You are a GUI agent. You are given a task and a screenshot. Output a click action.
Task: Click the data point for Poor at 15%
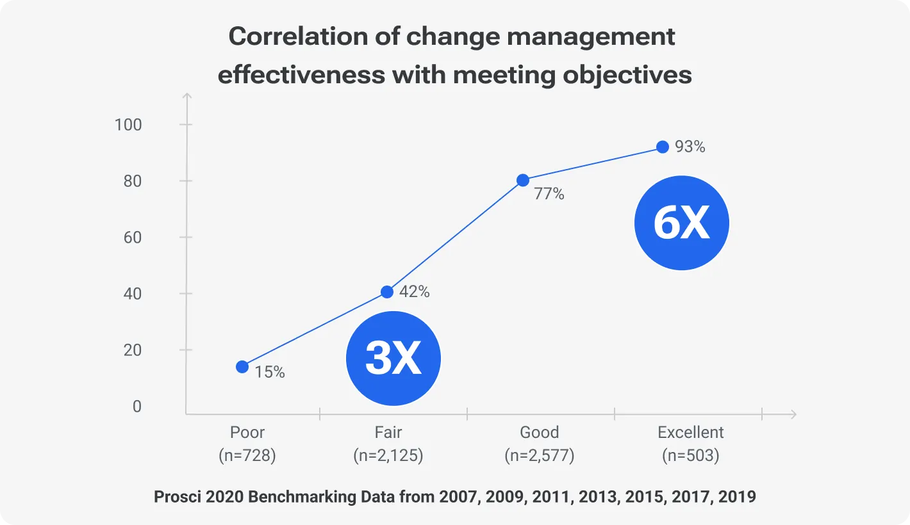point(242,367)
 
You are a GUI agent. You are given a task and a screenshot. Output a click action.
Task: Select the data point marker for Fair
point(387,292)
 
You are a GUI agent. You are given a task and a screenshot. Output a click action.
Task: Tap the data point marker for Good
point(523,180)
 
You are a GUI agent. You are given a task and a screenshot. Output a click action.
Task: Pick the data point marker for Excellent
point(663,147)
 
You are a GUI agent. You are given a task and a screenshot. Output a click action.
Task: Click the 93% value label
point(690,147)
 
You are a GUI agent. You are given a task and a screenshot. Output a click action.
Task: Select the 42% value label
point(415,292)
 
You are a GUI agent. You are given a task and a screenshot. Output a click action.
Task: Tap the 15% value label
point(270,372)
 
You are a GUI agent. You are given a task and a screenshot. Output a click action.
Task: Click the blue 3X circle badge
point(393,359)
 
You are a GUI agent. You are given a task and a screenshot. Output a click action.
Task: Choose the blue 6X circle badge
point(682,223)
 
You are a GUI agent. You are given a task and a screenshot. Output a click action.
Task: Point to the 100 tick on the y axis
point(128,125)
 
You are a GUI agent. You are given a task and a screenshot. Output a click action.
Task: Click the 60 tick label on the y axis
point(133,238)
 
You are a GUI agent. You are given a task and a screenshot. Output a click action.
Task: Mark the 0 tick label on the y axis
point(137,407)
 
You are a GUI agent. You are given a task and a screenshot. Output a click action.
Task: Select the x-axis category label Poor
point(247,432)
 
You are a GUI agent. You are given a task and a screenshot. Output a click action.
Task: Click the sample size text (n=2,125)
point(388,456)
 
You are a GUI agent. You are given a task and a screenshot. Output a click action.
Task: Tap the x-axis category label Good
point(540,432)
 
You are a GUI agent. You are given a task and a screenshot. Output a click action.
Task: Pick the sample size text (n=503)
point(691,456)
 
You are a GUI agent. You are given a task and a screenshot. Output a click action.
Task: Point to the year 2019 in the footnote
point(737,497)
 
